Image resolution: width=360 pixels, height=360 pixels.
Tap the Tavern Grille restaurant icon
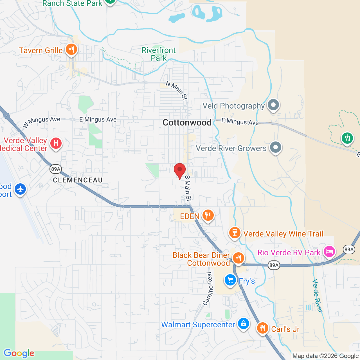tap(71, 50)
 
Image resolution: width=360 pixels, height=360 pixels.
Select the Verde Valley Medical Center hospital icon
tap(56, 143)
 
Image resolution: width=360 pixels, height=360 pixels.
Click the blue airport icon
tap(20, 189)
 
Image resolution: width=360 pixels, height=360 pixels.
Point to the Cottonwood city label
tap(187, 123)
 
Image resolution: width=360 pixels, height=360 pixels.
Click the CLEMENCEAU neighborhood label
tap(78, 180)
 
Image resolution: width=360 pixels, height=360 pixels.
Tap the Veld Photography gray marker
tap(273, 105)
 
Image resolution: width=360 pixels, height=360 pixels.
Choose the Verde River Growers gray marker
tap(275, 147)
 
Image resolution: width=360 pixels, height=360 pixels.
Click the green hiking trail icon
tap(347, 138)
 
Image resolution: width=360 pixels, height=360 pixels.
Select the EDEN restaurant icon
tap(208, 216)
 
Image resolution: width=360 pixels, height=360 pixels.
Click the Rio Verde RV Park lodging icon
tap(329, 251)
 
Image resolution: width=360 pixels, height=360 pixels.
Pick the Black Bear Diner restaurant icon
tap(238, 258)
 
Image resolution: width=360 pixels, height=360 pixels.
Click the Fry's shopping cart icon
tap(230, 280)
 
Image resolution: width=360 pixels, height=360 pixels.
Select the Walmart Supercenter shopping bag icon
tap(243, 324)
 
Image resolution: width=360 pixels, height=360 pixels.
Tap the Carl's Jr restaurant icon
tap(262, 328)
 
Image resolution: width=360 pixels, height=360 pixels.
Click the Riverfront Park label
tap(159, 54)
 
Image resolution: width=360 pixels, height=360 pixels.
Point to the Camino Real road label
tap(208, 289)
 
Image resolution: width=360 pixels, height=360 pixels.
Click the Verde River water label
tap(317, 296)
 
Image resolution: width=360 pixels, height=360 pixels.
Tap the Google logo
tap(19, 353)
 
